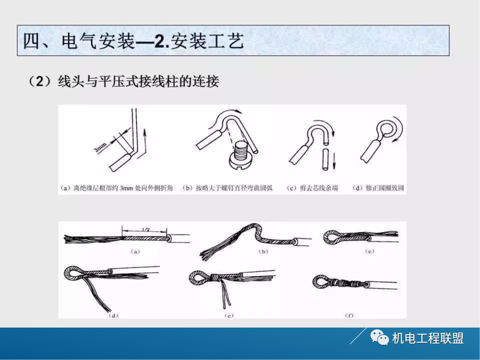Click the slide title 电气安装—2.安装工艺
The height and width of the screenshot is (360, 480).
[133, 42]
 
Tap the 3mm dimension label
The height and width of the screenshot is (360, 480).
[100, 147]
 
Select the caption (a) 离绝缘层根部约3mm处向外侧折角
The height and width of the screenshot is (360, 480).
[118, 188]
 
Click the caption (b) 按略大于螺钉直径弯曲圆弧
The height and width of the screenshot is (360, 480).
[228, 188]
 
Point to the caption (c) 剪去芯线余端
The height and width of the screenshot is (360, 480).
[312, 188]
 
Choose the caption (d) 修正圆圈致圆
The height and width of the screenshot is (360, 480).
[378, 188]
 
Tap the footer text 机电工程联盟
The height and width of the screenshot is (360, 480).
[428, 339]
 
